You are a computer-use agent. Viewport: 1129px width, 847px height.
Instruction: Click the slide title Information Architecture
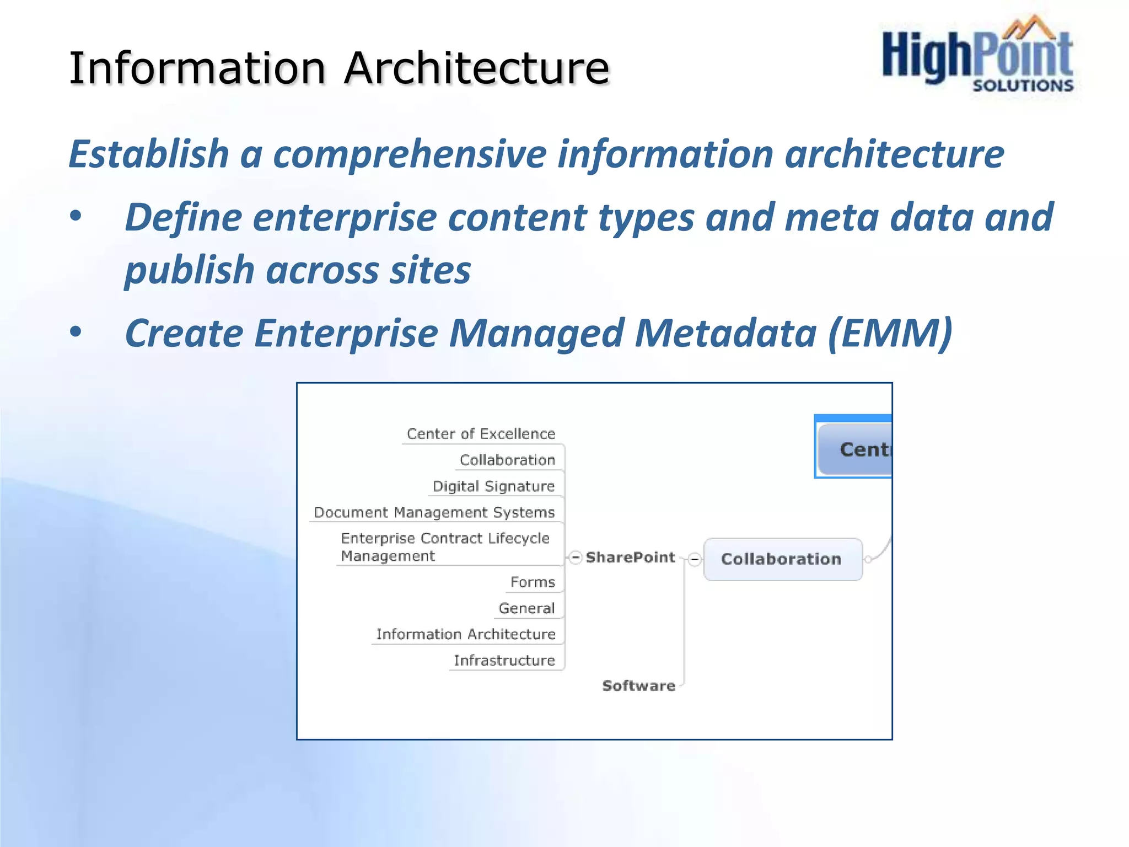click(339, 68)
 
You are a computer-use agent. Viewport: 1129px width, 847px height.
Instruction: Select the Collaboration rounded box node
click(782, 559)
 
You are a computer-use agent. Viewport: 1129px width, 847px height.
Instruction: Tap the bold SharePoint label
click(630, 557)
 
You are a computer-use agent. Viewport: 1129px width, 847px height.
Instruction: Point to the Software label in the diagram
click(638, 685)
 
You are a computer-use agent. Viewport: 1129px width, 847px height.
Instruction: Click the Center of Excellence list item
click(481, 434)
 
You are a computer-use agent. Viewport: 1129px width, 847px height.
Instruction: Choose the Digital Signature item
click(493, 486)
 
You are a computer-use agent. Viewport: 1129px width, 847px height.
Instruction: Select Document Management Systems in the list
click(434, 512)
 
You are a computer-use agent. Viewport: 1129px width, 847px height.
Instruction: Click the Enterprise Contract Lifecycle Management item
click(445, 547)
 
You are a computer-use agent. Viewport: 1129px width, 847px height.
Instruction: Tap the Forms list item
click(533, 582)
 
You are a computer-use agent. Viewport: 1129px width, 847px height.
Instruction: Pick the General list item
click(526, 608)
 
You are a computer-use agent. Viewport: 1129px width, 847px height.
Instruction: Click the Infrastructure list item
click(504, 661)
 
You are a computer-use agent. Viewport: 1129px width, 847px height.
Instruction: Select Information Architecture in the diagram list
click(466, 634)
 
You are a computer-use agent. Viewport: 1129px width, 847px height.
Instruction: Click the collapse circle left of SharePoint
click(576, 557)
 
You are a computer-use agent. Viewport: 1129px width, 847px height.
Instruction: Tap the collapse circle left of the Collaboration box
click(695, 560)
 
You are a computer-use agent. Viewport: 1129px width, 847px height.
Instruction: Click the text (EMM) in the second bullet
click(890, 333)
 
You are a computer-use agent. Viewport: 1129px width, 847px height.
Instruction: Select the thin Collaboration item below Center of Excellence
click(507, 460)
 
